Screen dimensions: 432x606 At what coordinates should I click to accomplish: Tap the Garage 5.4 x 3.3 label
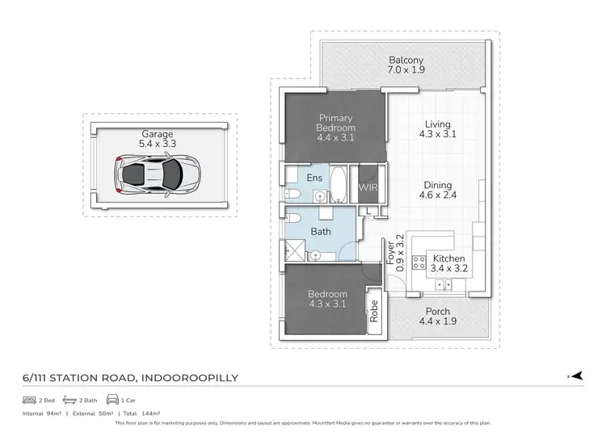pos(158,140)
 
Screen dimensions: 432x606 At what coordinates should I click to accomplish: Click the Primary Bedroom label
pos(336,128)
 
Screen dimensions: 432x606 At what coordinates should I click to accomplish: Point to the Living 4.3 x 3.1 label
pos(438,129)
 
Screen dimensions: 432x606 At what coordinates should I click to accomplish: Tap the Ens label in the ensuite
pos(314,178)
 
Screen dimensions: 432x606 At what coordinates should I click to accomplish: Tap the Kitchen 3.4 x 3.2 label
pos(448,264)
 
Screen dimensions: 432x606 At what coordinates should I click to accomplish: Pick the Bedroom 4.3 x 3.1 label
pos(327,299)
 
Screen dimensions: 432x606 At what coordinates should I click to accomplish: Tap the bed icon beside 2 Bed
pos(28,400)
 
